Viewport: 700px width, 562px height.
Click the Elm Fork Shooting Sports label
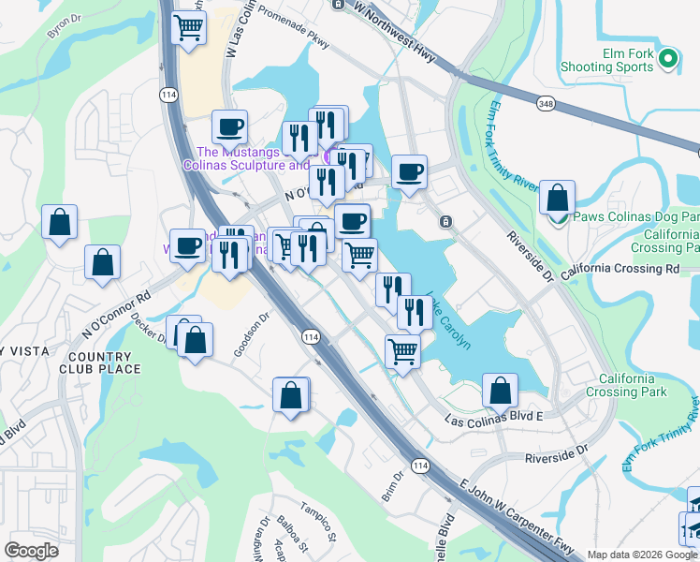[x=606, y=60]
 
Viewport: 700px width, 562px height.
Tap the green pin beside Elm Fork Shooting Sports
[x=667, y=59]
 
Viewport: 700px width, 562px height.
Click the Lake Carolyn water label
[x=448, y=321]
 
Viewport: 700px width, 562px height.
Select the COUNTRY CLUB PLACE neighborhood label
[x=104, y=362]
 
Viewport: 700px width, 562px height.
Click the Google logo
[x=31, y=551]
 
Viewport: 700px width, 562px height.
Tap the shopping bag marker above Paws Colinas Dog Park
[x=557, y=200]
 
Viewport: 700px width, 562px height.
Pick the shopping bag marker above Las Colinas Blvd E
[x=501, y=391]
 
